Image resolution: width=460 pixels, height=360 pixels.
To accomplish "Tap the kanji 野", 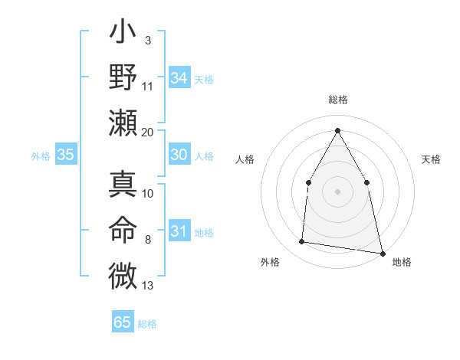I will click(123, 78).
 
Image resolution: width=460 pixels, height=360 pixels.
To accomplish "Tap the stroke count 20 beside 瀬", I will click(148, 132).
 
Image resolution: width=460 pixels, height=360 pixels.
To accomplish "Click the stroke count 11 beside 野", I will click(148, 86).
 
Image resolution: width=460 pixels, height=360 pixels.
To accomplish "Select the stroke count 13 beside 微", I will click(148, 286).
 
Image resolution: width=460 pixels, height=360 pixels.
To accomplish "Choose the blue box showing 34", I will click(179, 78).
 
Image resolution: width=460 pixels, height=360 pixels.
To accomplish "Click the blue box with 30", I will click(179, 155).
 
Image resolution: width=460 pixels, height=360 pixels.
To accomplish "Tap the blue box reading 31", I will click(179, 231).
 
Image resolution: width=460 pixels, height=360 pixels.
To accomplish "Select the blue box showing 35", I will click(65, 155).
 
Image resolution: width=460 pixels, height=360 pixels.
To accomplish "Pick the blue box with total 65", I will click(123, 322).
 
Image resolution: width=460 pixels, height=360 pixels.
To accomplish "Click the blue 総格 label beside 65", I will click(147, 324).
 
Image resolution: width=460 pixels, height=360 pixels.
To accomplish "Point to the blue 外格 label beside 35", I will click(41, 156).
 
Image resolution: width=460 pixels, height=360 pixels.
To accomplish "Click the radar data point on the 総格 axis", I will click(337, 129).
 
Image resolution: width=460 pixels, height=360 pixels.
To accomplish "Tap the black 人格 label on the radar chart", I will click(245, 159).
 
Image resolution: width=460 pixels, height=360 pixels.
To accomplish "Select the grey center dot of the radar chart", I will click(337, 191).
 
